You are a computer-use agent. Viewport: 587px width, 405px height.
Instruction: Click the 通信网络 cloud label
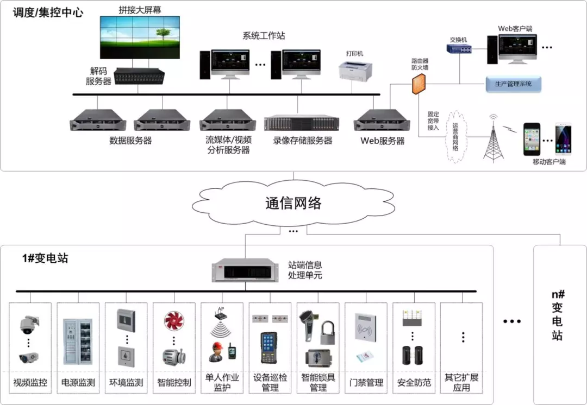pos(293,203)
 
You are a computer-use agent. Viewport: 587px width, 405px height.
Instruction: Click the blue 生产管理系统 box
pos(513,84)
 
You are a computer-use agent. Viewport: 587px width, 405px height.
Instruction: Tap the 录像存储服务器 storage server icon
pos(302,123)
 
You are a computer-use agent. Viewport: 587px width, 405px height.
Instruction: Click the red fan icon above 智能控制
pos(174,320)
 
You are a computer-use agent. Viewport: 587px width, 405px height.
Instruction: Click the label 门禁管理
pos(366,383)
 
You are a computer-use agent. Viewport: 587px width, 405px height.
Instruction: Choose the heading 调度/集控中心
pos(48,12)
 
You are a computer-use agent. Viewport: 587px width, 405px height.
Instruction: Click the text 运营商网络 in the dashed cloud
pos(455,137)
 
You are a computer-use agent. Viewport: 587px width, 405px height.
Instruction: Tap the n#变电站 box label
pos(558,315)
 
